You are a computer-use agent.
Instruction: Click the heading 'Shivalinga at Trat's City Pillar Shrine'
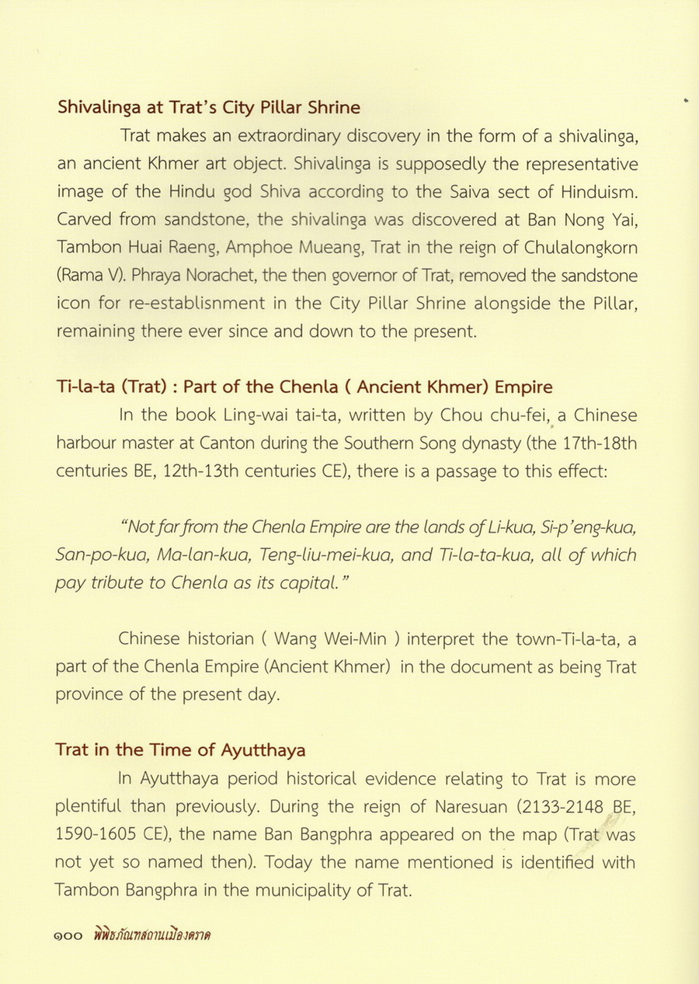tap(208, 107)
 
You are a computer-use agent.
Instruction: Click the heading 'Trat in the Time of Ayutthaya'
tap(180, 750)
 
